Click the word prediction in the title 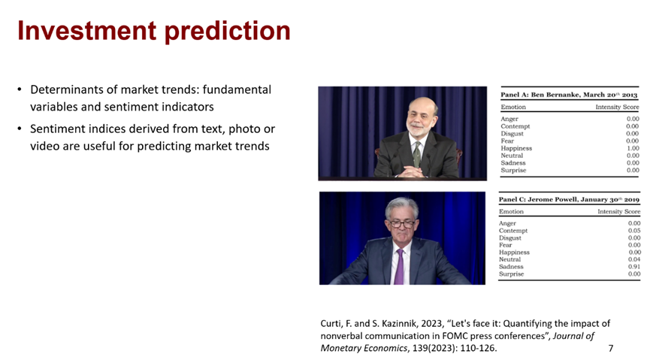pos(228,32)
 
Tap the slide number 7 pos(611,348)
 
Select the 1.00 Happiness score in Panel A pos(633,148)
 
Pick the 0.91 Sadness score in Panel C pos(634,267)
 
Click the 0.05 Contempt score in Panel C pos(634,231)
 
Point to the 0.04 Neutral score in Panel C pos(634,259)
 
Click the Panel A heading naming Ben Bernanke pos(569,95)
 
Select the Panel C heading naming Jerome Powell pos(569,199)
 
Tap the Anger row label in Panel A pos(509,119)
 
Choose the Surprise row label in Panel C pos(511,274)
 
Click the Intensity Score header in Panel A pos(617,107)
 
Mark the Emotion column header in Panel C pos(511,211)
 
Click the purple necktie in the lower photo pos(399,267)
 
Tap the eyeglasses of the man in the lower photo pos(401,224)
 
